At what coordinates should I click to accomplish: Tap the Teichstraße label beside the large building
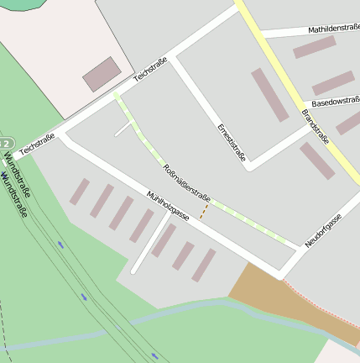(x=151, y=70)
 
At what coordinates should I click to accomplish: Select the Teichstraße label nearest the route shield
(x=37, y=143)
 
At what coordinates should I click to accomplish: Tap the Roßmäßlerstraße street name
(x=186, y=179)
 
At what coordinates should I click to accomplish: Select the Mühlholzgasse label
(x=169, y=206)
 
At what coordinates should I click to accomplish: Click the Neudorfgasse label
(x=323, y=230)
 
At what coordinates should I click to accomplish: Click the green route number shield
(x=6, y=144)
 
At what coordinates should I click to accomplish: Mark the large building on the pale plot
(x=102, y=74)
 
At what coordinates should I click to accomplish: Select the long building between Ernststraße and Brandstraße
(x=269, y=94)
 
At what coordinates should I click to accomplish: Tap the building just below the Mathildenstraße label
(x=314, y=47)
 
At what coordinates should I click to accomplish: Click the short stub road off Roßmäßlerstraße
(x=123, y=129)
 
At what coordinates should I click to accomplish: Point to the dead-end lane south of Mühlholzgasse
(x=149, y=244)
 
